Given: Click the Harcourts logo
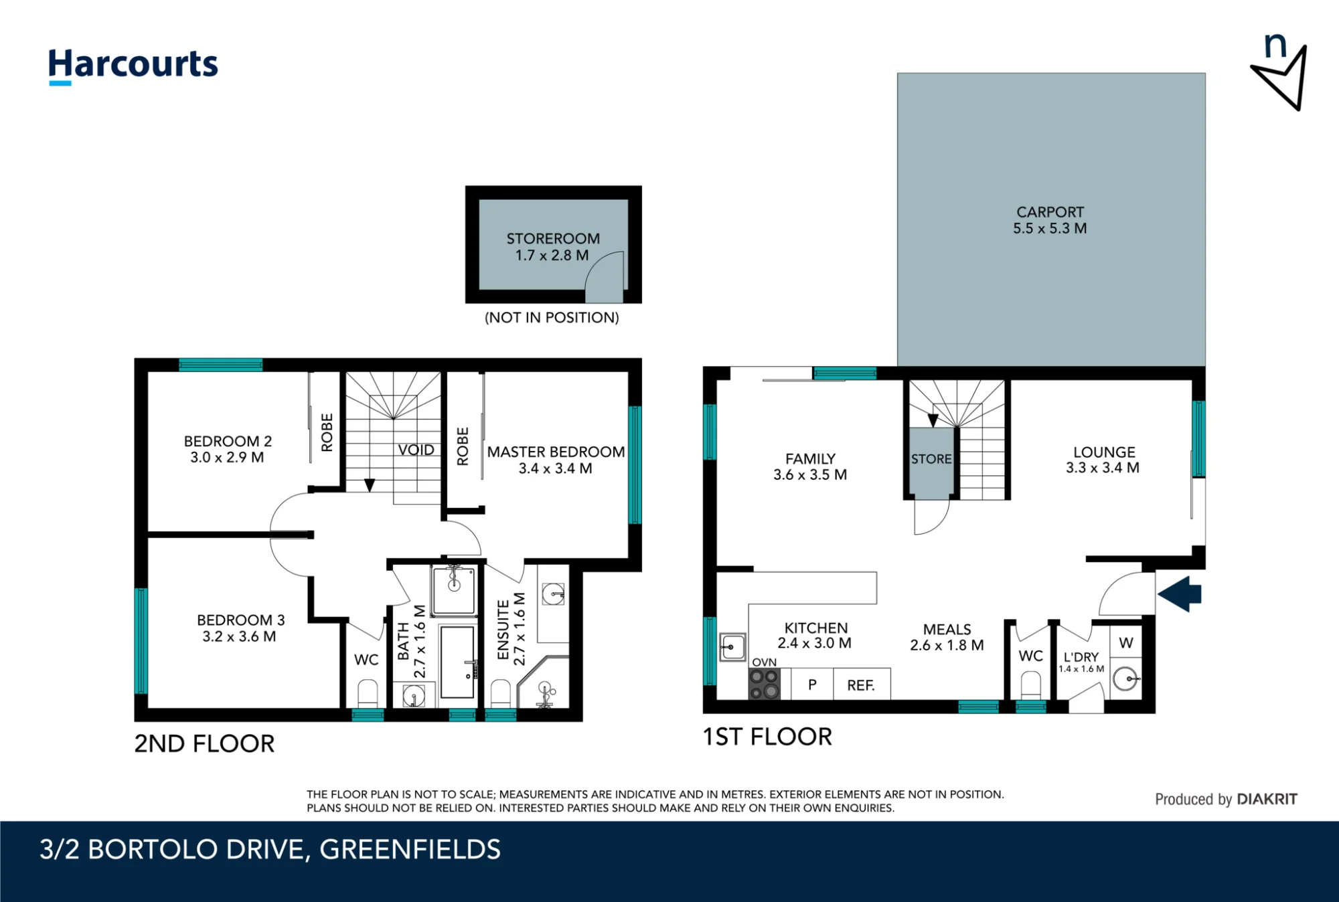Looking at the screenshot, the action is click(x=133, y=66).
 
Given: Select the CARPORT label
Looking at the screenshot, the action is click(x=1050, y=212).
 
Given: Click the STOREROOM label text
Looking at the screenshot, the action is click(x=553, y=239).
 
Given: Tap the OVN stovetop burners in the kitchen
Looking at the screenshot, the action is click(x=765, y=684).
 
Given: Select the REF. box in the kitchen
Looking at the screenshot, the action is click(x=862, y=684).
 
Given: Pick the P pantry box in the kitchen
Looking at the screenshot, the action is click(x=812, y=684).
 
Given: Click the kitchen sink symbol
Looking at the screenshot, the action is click(x=732, y=646).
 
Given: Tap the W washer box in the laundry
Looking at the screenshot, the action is click(x=1126, y=643).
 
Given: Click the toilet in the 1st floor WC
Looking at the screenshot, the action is click(x=1031, y=685).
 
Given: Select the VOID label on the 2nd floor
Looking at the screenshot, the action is click(x=416, y=450).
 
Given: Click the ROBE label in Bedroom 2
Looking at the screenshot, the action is click(x=327, y=432).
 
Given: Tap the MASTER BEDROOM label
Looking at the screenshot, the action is click(x=556, y=452).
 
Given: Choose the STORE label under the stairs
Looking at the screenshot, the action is click(x=931, y=459).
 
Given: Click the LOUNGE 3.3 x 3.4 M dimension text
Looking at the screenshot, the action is click(x=1103, y=468).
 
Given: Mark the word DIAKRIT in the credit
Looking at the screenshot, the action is click(x=1267, y=799).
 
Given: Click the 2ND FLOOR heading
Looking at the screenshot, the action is click(x=204, y=743).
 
